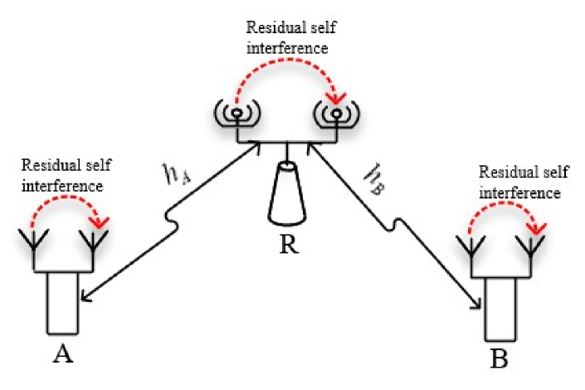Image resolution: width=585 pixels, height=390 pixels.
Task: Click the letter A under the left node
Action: tap(62, 356)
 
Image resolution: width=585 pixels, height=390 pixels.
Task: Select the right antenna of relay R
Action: tap(336, 114)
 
